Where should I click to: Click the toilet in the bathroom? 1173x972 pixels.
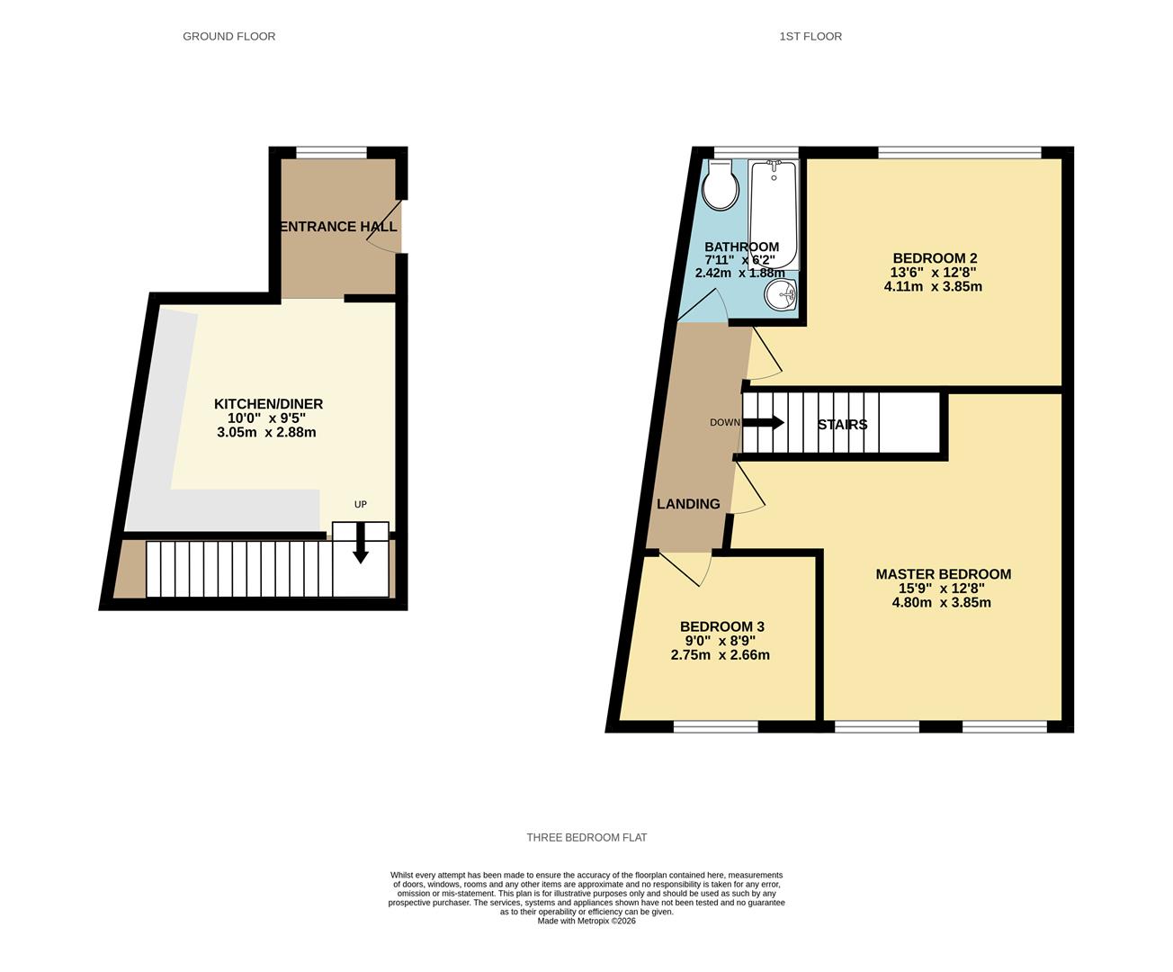[x=721, y=186]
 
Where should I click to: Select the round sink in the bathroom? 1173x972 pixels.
[x=782, y=294]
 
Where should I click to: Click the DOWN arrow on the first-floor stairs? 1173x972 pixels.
[x=764, y=423]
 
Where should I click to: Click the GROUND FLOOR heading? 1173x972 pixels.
[x=228, y=37]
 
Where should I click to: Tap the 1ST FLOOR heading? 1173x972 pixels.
[x=810, y=37]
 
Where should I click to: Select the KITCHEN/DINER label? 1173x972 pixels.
[x=268, y=404]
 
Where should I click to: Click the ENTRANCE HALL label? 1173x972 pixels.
[x=338, y=227]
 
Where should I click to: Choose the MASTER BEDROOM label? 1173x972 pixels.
[x=943, y=574]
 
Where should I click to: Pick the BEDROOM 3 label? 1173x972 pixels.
[x=721, y=626]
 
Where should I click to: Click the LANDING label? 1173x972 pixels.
[x=688, y=504]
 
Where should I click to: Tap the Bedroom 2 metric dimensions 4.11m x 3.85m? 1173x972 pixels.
[x=933, y=287]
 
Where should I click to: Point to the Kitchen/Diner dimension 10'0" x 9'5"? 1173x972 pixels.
[x=266, y=418]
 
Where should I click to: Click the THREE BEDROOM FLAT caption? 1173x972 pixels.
[x=586, y=838]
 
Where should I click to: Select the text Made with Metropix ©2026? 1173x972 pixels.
[x=586, y=921]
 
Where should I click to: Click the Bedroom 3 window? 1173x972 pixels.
[x=716, y=726]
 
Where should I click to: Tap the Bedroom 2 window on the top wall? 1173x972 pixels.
[x=960, y=152]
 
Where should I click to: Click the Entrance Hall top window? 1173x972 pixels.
[x=331, y=152]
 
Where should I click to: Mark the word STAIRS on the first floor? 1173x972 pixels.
[x=842, y=425]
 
